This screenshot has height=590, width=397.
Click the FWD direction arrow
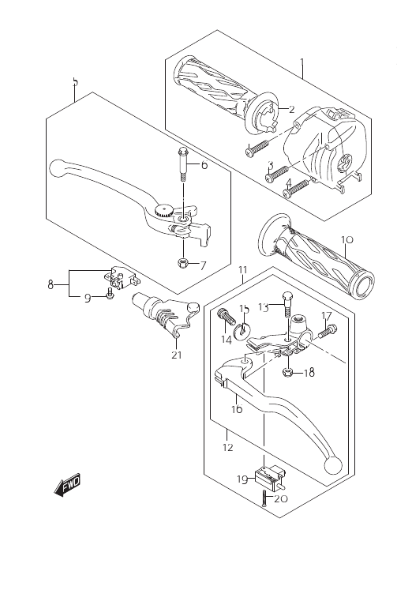pos(68,485)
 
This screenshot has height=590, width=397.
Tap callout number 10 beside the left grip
pos(347,239)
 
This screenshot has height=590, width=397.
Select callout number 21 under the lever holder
pos(177,355)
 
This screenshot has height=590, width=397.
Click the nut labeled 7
pos(183,262)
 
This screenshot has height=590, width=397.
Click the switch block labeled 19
pos(269,476)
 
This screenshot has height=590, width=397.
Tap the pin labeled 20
pos(264,498)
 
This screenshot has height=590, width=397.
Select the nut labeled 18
pos(287,373)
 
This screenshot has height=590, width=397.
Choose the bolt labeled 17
pos(327,331)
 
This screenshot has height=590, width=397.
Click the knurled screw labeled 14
pos(225,316)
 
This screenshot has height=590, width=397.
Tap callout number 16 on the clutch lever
pos(237,408)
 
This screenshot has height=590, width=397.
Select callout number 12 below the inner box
pos(228,447)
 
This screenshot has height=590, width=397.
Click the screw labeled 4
pos(296,188)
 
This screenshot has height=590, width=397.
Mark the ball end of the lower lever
pos(333,464)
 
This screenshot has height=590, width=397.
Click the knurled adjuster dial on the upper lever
pos(164,210)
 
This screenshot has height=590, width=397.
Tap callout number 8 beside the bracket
pos(51,284)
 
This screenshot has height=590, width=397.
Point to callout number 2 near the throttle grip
pos(292,109)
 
